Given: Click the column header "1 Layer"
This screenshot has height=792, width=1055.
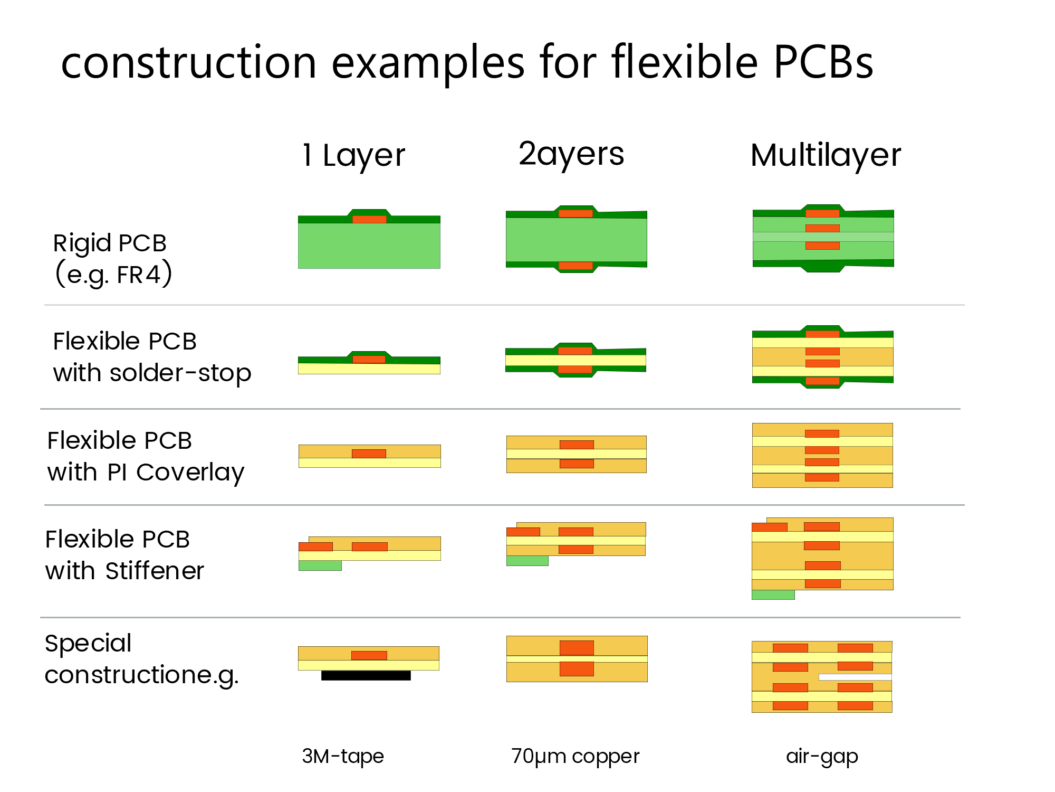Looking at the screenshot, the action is [x=353, y=156].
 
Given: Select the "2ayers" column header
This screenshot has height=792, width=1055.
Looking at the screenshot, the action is [x=571, y=154].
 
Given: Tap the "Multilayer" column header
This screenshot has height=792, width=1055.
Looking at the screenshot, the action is [x=826, y=155].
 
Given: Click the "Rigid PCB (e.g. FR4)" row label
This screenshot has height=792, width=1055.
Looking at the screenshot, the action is [x=113, y=259].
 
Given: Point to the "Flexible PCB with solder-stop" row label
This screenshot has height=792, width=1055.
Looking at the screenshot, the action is [x=152, y=357].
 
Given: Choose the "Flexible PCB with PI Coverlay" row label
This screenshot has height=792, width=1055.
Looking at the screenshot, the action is [x=146, y=457].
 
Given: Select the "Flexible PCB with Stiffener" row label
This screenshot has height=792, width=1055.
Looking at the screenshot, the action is [x=124, y=555].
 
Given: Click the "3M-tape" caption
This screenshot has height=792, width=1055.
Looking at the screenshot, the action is [x=343, y=756].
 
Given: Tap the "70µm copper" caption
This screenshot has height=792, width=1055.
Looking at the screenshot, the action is [x=575, y=757].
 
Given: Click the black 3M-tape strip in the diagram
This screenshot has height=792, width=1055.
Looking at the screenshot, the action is [x=366, y=675].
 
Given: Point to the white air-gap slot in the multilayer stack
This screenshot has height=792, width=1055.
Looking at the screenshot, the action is [x=855, y=677].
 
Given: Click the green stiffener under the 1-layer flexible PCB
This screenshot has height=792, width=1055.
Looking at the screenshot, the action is [x=320, y=565].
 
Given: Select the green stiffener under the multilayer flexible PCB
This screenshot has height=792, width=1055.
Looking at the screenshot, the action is [x=773, y=595].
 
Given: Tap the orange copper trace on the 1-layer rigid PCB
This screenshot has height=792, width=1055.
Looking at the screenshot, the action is [x=369, y=219].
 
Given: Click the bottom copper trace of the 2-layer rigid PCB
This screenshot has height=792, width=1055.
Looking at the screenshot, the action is [x=576, y=266].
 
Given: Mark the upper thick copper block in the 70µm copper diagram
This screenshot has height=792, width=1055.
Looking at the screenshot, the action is [x=577, y=648].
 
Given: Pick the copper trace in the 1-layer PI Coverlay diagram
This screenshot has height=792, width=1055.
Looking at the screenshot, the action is [x=369, y=454].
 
